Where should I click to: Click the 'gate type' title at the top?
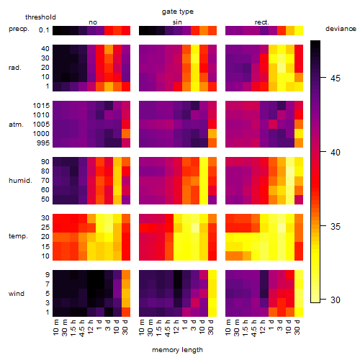(178, 12)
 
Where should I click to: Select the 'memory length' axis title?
(177, 350)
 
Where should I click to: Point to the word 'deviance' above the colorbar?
(341, 29)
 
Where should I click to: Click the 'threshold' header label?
(40, 17)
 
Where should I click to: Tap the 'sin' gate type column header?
(177, 22)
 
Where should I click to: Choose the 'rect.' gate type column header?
(262, 22)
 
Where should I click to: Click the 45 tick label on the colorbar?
(336, 78)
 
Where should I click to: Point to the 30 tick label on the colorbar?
(336, 300)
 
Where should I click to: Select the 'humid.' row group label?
(20, 181)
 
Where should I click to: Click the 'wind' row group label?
(17, 294)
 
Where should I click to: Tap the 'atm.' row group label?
(16, 125)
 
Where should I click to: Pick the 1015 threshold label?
(41, 106)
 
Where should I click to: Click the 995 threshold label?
(43, 143)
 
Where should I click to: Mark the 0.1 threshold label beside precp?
(44, 30)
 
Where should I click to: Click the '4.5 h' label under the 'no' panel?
(81, 328)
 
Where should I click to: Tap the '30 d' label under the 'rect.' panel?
(297, 327)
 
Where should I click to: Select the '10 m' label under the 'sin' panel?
(142, 328)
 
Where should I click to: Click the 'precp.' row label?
(19, 29)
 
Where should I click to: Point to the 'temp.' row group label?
(18, 236)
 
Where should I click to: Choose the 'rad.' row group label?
(15, 68)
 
